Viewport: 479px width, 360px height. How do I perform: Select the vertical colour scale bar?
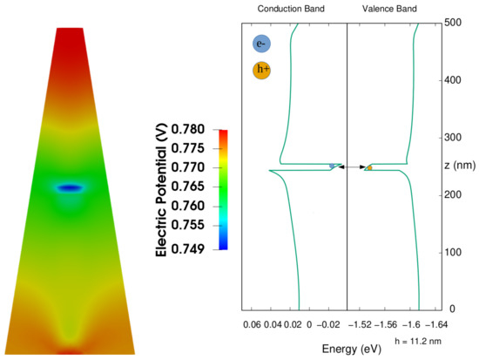224,189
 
